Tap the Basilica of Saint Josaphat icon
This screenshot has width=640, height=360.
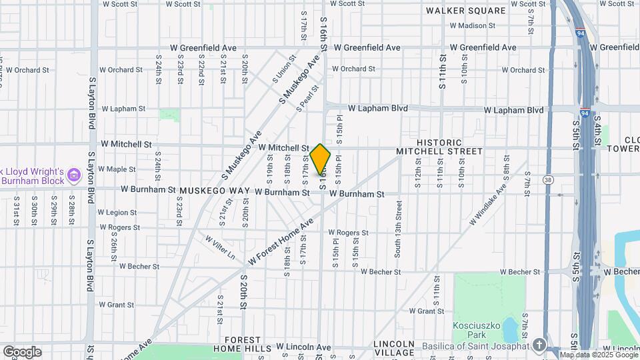539,345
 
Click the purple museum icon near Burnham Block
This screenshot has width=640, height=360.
74,176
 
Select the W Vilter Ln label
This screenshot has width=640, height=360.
221,247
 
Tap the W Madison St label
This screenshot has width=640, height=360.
473,26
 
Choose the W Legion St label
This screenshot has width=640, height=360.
117,213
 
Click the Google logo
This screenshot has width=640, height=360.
22,351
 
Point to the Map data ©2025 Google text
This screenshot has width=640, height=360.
598,355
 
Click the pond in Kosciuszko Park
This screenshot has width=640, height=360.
509,329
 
